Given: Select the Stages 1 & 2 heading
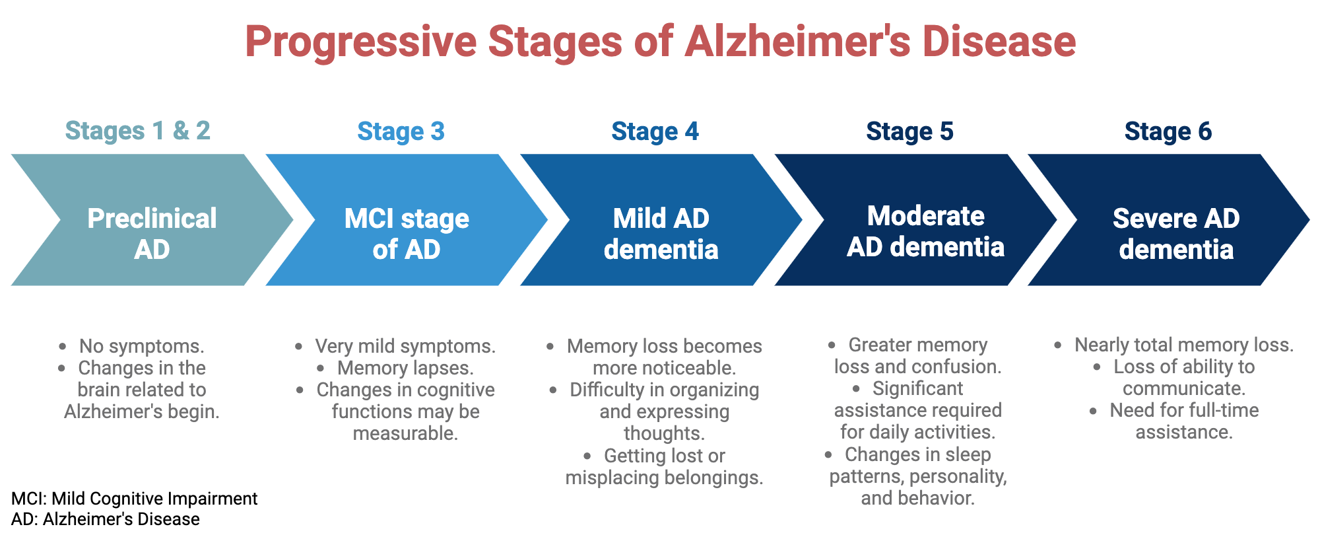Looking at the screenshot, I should pyautogui.click(x=137, y=131).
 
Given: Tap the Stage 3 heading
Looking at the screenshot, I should pyautogui.click(x=401, y=131).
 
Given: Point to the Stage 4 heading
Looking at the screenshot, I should pyautogui.click(x=655, y=131).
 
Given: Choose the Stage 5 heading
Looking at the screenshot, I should pyautogui.click(x=909, y=131).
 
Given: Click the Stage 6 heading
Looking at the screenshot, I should pyautogui.click(x=1168, y=131).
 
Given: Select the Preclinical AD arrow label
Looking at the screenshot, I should pyautogui.click(x=152, y=233).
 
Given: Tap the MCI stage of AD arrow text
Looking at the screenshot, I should pyautogui.click(x=407, y=233).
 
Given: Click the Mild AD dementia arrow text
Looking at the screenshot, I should pyautogui.click(x=661, y=233).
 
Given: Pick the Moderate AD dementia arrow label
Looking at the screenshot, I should pyautogui.click(x=925, y=231).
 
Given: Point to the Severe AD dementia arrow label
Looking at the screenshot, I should pyautogui.click(x=1176, y=233).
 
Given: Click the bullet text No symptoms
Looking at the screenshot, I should pyautogui.click(x=141, y=346).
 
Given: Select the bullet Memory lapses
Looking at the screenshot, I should pyautogui.click(x=405, y=368).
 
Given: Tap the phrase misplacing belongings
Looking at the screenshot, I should pyautogui.click(x=664, y=478).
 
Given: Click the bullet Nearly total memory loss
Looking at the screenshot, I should pyautogui.click(x=1183, y=345).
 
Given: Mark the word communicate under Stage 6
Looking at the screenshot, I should pyautogui.click(x=1183, y=388).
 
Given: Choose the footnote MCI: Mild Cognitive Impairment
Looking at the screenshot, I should pyautogui.click(x=134, y=499).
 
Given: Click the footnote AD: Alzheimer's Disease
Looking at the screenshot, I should pyautogui.click(x=106, y=519).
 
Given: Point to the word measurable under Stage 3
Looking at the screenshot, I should pyautogui.click(x=405, y=433).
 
